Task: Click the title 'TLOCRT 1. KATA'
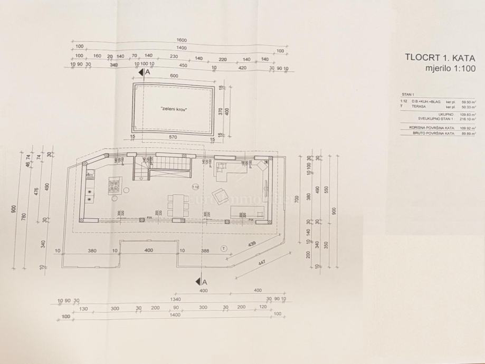tap(440, 58)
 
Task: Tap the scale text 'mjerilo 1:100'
tap(450, 68)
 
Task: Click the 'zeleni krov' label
tap(174, 109)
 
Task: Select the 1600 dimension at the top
tap(181, 40)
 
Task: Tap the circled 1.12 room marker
tap(195, 187)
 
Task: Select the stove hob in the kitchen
tap(115, 185)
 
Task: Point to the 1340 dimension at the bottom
tap(175, 299)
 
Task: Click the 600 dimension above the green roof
tap(174, 76)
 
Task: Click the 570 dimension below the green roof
tap(173, 138)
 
